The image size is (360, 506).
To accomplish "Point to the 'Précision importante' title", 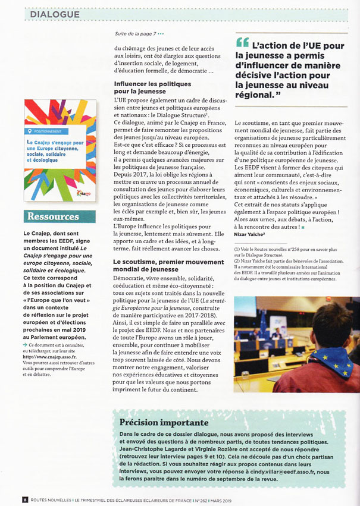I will (x=164, y=423).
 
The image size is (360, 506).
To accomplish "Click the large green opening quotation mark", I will (x=242, y=43).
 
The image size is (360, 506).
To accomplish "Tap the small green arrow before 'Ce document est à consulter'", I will (x=25, y=344).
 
